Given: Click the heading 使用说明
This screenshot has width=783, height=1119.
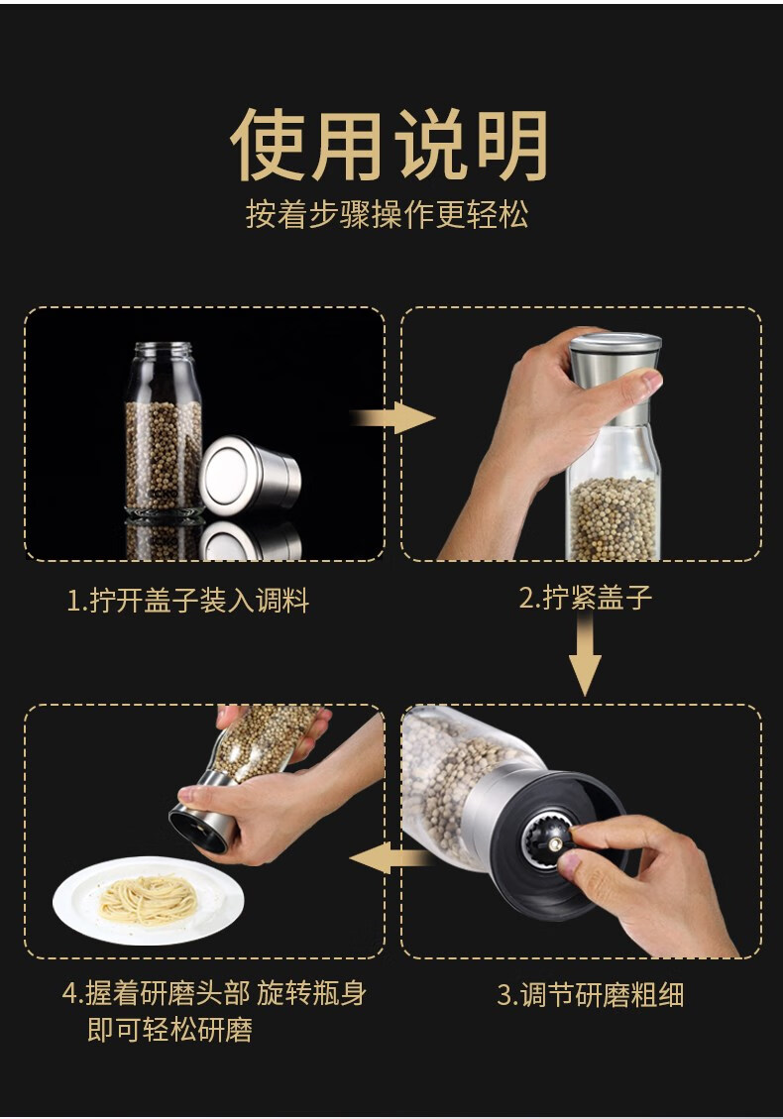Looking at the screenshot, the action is pyautogui.click(x=389, y=145).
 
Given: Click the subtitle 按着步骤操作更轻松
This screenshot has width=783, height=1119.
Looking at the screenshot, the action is pyautogui.click(x=388, y=214).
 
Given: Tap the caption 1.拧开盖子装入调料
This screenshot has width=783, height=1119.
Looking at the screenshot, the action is pyautogui.click(x=187, y=600).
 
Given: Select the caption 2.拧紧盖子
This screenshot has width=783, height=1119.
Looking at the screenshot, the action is pyautogui.click(x=586, y=597).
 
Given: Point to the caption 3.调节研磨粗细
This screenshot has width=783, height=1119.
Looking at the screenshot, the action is pyautogui.click(x=591, y=994).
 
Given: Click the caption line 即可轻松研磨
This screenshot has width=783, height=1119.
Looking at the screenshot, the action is pyautogui.click(x=169, y=1029).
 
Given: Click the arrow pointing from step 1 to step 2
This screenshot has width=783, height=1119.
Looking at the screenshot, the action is pyautogui.click(x=393, y=417).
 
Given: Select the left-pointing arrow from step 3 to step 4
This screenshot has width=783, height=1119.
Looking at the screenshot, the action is pyautogui.click(x=391, y=857).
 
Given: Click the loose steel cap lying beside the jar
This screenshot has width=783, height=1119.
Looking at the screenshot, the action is pyautogui.click(x=250, y=475).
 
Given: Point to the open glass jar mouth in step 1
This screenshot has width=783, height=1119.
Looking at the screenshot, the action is pyautogui.click(x=165, y=351).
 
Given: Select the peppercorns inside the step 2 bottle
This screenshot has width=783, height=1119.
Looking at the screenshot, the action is pyautogui.click(x=613, y=517).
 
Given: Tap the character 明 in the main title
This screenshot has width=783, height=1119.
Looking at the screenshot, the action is pyautogui.click(x=512, y=145).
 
